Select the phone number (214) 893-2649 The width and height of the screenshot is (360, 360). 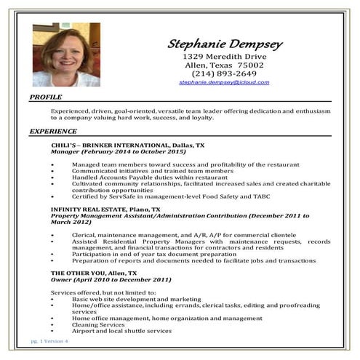[224, 73]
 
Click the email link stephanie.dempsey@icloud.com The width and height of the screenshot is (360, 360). [224, 83]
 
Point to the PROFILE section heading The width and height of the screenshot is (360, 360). [46, 97]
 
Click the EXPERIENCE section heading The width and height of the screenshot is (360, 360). [53, 132]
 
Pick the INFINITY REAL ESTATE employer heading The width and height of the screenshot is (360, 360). [105, 209]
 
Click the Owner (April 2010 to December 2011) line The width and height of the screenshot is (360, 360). [111, 279]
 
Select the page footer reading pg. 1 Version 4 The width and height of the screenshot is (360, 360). [49, 341]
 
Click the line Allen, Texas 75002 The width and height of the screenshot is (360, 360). [224, 65]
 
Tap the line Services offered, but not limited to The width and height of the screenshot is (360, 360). [98, 292]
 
